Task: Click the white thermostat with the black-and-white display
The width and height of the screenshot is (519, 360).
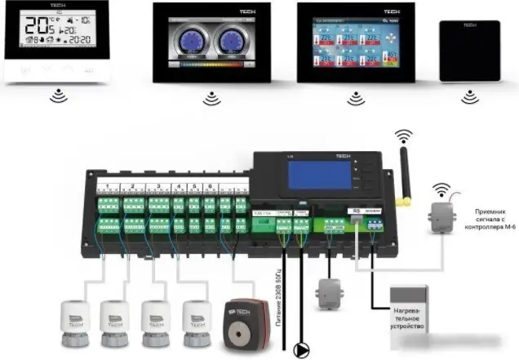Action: [57, 41]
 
